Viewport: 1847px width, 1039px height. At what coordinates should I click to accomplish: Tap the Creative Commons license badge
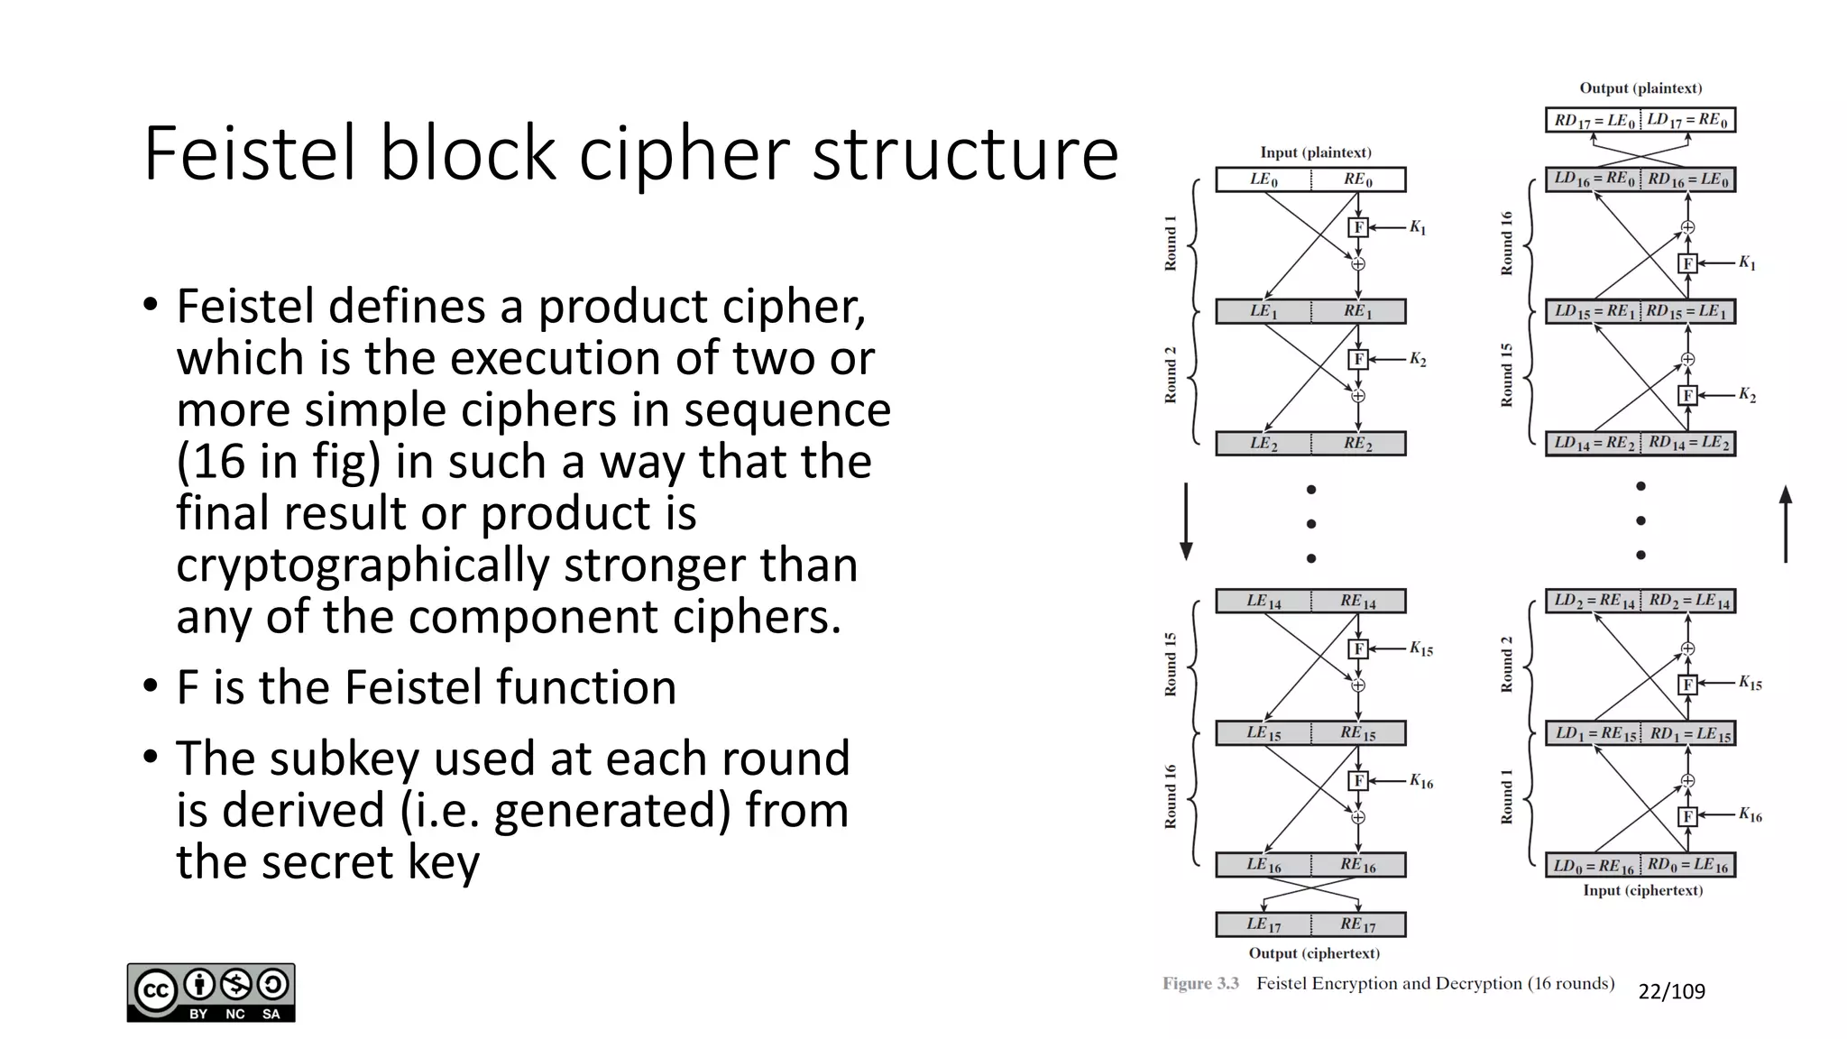211,992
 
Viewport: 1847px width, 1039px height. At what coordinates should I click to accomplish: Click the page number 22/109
1671,992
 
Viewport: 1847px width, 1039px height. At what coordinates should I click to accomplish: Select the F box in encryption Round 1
1358,227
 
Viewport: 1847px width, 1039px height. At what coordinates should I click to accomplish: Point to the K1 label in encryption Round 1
1418,228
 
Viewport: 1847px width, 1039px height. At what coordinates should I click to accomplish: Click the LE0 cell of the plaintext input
1263,179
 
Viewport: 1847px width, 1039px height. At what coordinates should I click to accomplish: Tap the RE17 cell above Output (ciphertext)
1357,924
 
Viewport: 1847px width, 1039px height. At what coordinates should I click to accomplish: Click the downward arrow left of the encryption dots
1186,521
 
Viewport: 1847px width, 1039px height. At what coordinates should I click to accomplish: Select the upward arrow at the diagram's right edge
1785,523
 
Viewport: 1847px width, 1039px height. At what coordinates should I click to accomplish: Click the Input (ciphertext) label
1642,890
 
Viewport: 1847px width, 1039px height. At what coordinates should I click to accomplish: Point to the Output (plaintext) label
1640,88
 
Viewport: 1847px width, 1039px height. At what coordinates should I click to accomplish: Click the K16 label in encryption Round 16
1421,781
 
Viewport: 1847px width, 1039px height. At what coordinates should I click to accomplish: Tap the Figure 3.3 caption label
1200,983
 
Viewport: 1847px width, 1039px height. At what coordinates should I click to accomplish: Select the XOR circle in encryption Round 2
1358,396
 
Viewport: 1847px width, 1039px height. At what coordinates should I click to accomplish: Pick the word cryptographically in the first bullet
362,565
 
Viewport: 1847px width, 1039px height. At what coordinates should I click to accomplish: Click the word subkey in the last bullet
343,759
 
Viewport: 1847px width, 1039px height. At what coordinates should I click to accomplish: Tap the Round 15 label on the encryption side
1171,664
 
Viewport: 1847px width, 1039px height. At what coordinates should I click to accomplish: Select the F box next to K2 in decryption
1687,395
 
